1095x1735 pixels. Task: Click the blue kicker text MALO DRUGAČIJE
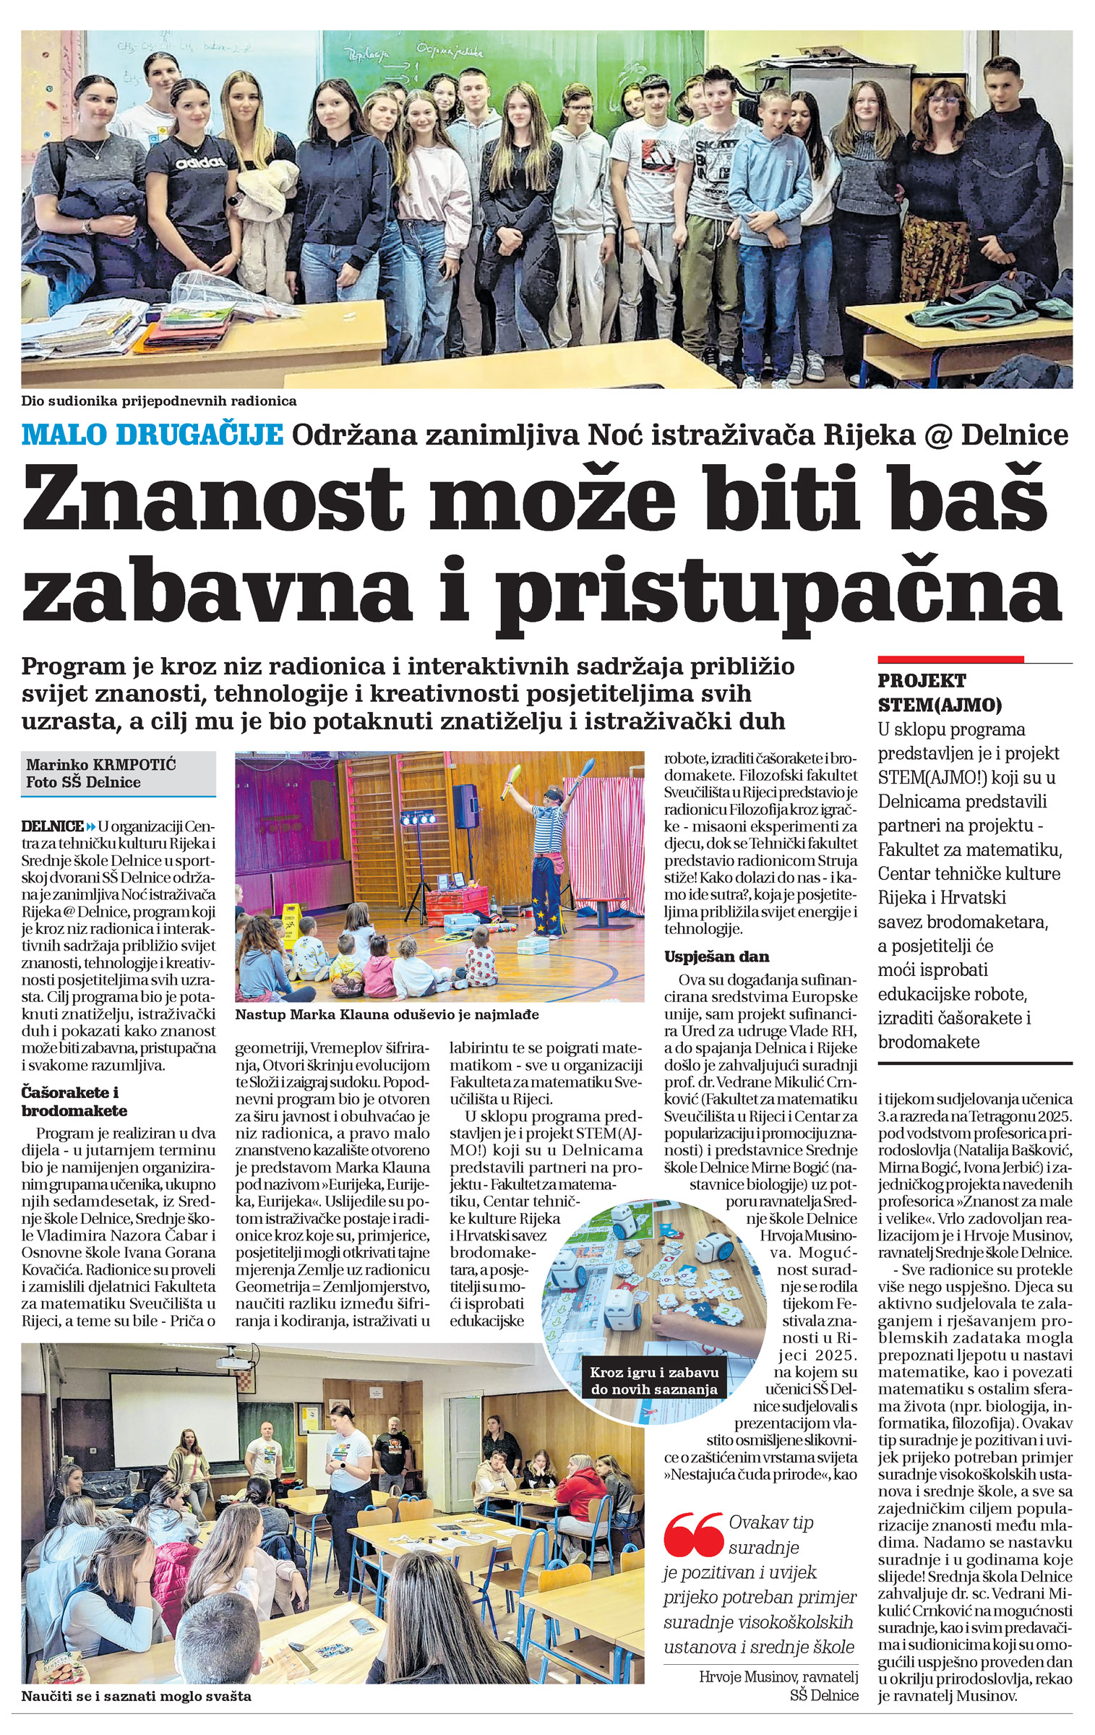click(152, 435)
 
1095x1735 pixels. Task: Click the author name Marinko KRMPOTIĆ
click(101, 765)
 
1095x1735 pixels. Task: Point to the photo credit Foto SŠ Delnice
click(83, 782)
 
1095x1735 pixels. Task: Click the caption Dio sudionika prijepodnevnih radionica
click(159, 400)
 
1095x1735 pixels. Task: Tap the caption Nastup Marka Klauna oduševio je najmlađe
click(387, 1015)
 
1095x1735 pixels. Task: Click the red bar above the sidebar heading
click(950, 659)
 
